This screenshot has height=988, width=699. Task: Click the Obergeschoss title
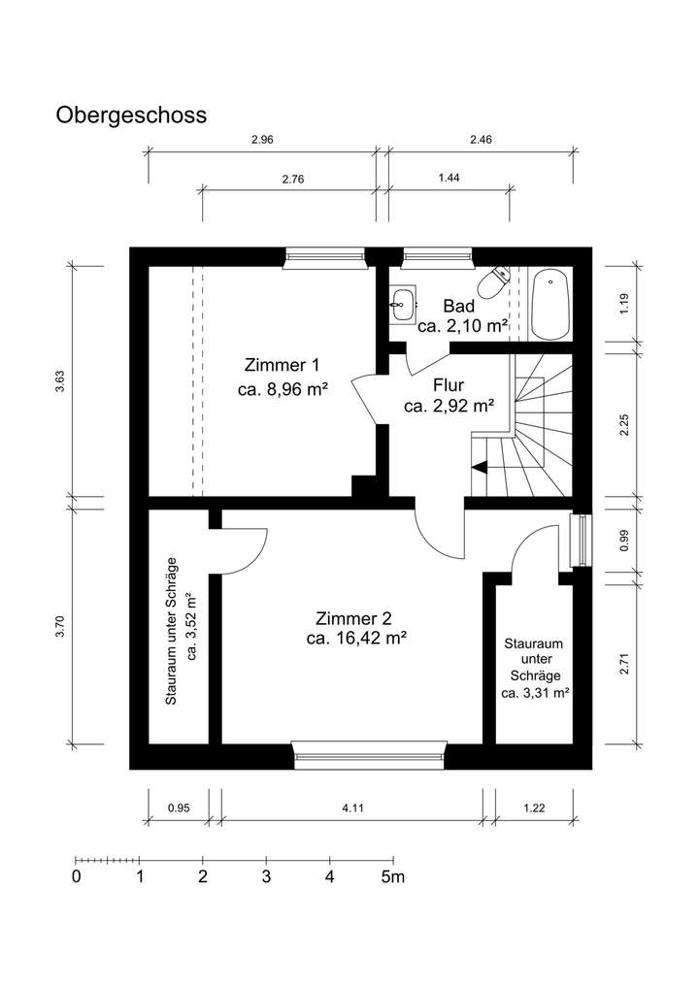pyautogui.click(x=131, y=115)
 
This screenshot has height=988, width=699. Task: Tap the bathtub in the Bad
pyautogui.click(x=550, y=304)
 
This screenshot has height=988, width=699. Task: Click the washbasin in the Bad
pyautogui.click(x=402, y=303)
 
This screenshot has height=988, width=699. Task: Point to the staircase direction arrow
pyautogui.click(x=479, y=467)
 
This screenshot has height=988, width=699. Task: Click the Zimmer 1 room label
pyautogui.click(x=282, y=366)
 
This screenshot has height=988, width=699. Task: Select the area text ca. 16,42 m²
pyautogui.click(x=355, y=639)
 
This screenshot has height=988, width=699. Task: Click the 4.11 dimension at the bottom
pyautogui.click(x=353, y=807)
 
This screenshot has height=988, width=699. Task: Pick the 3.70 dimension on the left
pyautogui.click(x=61, y=628)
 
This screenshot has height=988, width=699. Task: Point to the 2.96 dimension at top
pyautogui.click(x=262, y=140)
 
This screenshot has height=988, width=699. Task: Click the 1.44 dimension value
pyautogui.click(x=449, y=179)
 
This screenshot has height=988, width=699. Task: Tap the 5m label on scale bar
pyautogui.click(x=392, y=877)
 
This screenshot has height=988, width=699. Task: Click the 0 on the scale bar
pyautogui.click(x=76, y=877)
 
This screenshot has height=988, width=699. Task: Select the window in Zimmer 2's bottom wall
pyautogui.click(x=370, y=754)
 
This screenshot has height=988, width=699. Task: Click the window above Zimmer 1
pyautogui.click(x=325, y=256)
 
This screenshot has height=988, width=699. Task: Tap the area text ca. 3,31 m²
pyautogui.click(x=535, y=693)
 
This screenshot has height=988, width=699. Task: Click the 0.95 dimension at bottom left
pyautogui.click(x=178, y=807)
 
